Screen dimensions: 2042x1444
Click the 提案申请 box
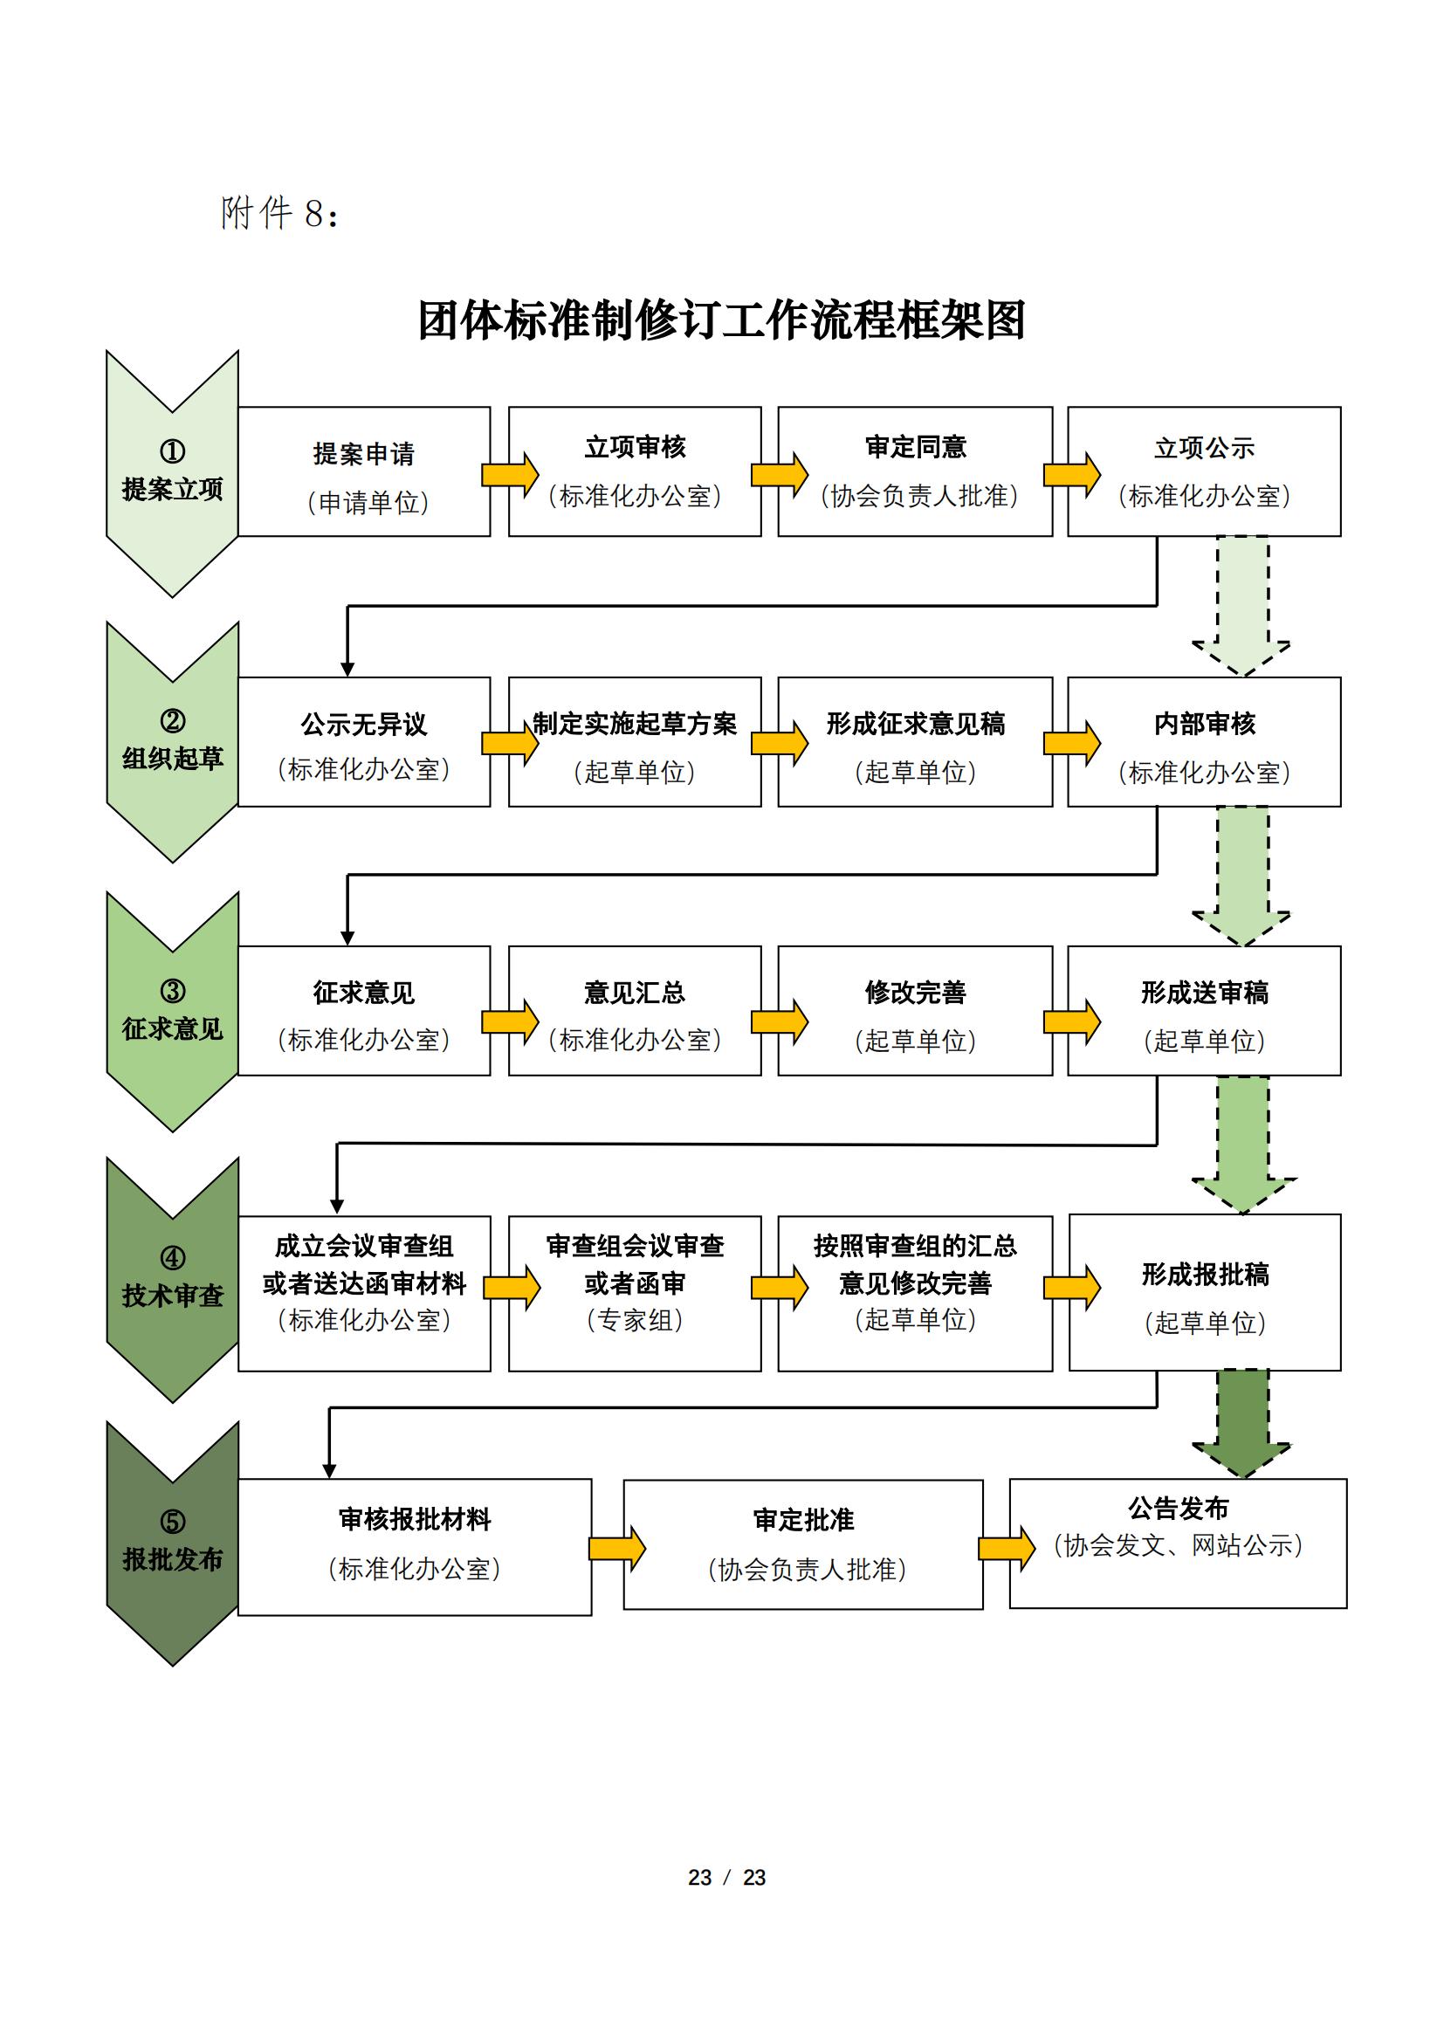(364, 471)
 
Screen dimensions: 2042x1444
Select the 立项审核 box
(634, 471)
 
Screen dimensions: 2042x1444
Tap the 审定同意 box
(915, 471)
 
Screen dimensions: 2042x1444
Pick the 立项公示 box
(1204, 471)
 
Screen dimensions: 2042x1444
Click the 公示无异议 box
(364, 742)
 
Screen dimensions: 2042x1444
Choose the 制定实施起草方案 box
(634, 742)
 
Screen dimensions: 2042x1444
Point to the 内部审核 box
(1204, 742)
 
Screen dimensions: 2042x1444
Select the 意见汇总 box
(634, 1011)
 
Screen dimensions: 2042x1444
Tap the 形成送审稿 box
(1204, 1011)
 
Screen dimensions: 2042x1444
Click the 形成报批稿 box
(1205, 1292)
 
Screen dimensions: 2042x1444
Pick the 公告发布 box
(1178, 1543)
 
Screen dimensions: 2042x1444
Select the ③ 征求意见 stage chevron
(173, 1011)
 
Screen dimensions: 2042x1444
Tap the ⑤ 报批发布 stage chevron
(173, 1543)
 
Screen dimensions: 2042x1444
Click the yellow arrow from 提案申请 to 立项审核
(511, 475)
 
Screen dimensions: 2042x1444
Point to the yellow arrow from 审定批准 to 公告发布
(1007, 1549)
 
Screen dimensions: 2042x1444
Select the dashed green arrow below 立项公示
(1242, 605)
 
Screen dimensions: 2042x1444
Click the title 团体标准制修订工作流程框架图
(722, 320)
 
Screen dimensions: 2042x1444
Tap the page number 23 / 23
(726, 1878)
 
